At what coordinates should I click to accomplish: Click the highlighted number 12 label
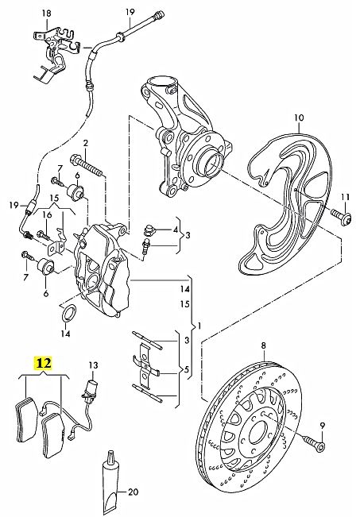point(44,363)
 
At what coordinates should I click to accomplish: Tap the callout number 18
point(47,14)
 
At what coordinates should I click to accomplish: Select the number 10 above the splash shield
point(299,118)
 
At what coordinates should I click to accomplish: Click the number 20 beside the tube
point(133,492)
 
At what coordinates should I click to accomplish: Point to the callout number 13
point(93,365)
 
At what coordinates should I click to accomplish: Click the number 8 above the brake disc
point(263,345)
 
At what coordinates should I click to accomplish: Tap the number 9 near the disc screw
point(323,426)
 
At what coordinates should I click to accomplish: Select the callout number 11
point(345,197)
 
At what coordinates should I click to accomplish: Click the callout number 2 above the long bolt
point(86,143)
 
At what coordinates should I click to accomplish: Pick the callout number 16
point(47,215)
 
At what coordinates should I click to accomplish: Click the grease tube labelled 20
point(110,482)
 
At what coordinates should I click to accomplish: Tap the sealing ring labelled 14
point(69,314)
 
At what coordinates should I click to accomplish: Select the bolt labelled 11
point(341,217)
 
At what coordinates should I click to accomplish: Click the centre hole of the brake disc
point(257,432)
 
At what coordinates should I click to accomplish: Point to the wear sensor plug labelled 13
point(91,390)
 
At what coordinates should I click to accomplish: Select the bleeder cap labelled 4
point(150,229)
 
